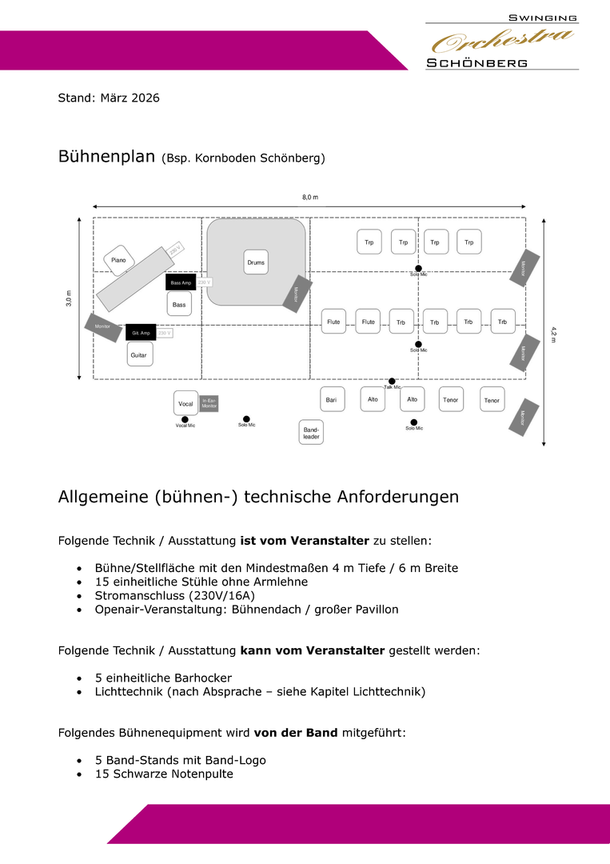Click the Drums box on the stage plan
click(x=256, y=262)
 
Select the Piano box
click(x=118, y=260)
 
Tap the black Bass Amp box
click(x=181, y=282)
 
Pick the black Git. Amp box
click(x=141, y=333)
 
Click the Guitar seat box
click(x=140, y=354)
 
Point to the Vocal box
click(x=185, y=403)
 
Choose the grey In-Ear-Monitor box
click(x=209, y=403)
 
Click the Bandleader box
click(x=311, y=433)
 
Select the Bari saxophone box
click(x=331, y=399)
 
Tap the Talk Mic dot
click(x=392, y=381)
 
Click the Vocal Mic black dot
click(x=185, y=418)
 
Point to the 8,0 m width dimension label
click(x=310, y=197)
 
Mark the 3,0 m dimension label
click(x=69, y=298)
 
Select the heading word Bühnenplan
click(x=106, y=156)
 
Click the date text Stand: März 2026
click(x=109, y=98)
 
